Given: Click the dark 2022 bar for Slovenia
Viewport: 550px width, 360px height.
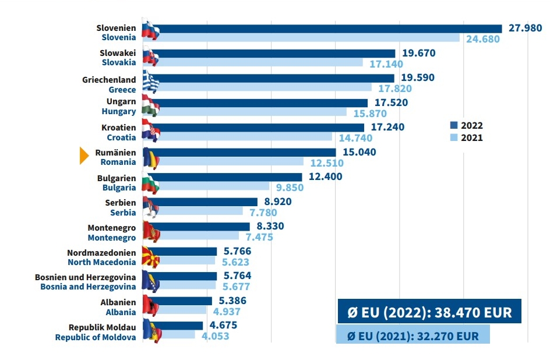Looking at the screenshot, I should click(x=326, y=29).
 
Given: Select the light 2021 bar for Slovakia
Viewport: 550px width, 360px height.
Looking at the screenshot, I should click(x=256, y=63).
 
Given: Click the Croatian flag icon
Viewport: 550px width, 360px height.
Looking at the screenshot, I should click(x=150, y=132).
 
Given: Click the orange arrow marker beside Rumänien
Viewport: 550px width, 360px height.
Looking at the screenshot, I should click(x=84, y=156).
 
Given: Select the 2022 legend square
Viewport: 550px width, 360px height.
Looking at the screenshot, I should click(x=454, y=125).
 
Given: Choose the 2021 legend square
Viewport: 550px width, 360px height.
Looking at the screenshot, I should click(x=454, y=138).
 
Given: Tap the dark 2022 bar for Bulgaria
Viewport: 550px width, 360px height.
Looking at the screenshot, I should click(x=227, y=177).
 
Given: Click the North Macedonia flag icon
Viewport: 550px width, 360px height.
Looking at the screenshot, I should click(x=150, y=257).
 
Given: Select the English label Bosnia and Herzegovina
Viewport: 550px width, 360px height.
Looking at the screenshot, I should click(x=88, y=287).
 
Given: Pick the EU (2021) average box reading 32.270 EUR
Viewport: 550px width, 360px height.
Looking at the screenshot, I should click(x=412, y=336).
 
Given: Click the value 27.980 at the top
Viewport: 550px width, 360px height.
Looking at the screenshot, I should click(x=525, y=28).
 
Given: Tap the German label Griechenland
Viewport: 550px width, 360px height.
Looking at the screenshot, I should click(x=109, y=80).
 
